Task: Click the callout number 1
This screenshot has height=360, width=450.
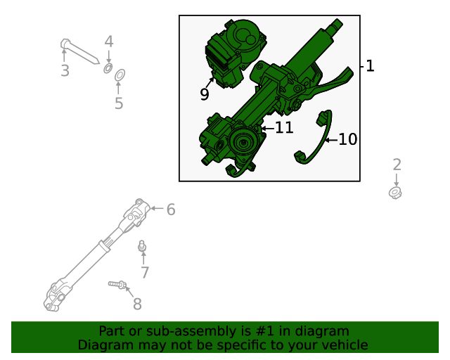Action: tap(370, 66)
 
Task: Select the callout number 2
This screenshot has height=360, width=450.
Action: tap(397, 165)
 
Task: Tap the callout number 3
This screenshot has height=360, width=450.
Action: tap(65, 70)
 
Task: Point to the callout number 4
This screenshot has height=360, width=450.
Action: tap(108, 41)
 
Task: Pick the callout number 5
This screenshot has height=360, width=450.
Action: tap(119, 103)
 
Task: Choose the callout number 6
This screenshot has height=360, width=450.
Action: tap(170, 209)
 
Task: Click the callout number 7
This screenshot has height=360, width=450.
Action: tap(145, 272)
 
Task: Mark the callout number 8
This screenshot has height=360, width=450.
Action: tap(137, 304)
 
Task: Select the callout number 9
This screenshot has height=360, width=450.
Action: tap(204, 94)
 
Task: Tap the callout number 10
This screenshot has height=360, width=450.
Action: tap(347, 139)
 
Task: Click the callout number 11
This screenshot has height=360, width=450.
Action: tap(283, 128)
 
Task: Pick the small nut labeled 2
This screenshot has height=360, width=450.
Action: tap(395, 191)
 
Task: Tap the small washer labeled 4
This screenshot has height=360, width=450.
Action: tap(108, 68)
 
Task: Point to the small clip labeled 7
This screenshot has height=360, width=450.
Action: tap(142, 247)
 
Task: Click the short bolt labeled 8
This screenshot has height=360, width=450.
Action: tap(117, 284)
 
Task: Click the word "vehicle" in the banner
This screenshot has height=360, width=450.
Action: tap(343, 345)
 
